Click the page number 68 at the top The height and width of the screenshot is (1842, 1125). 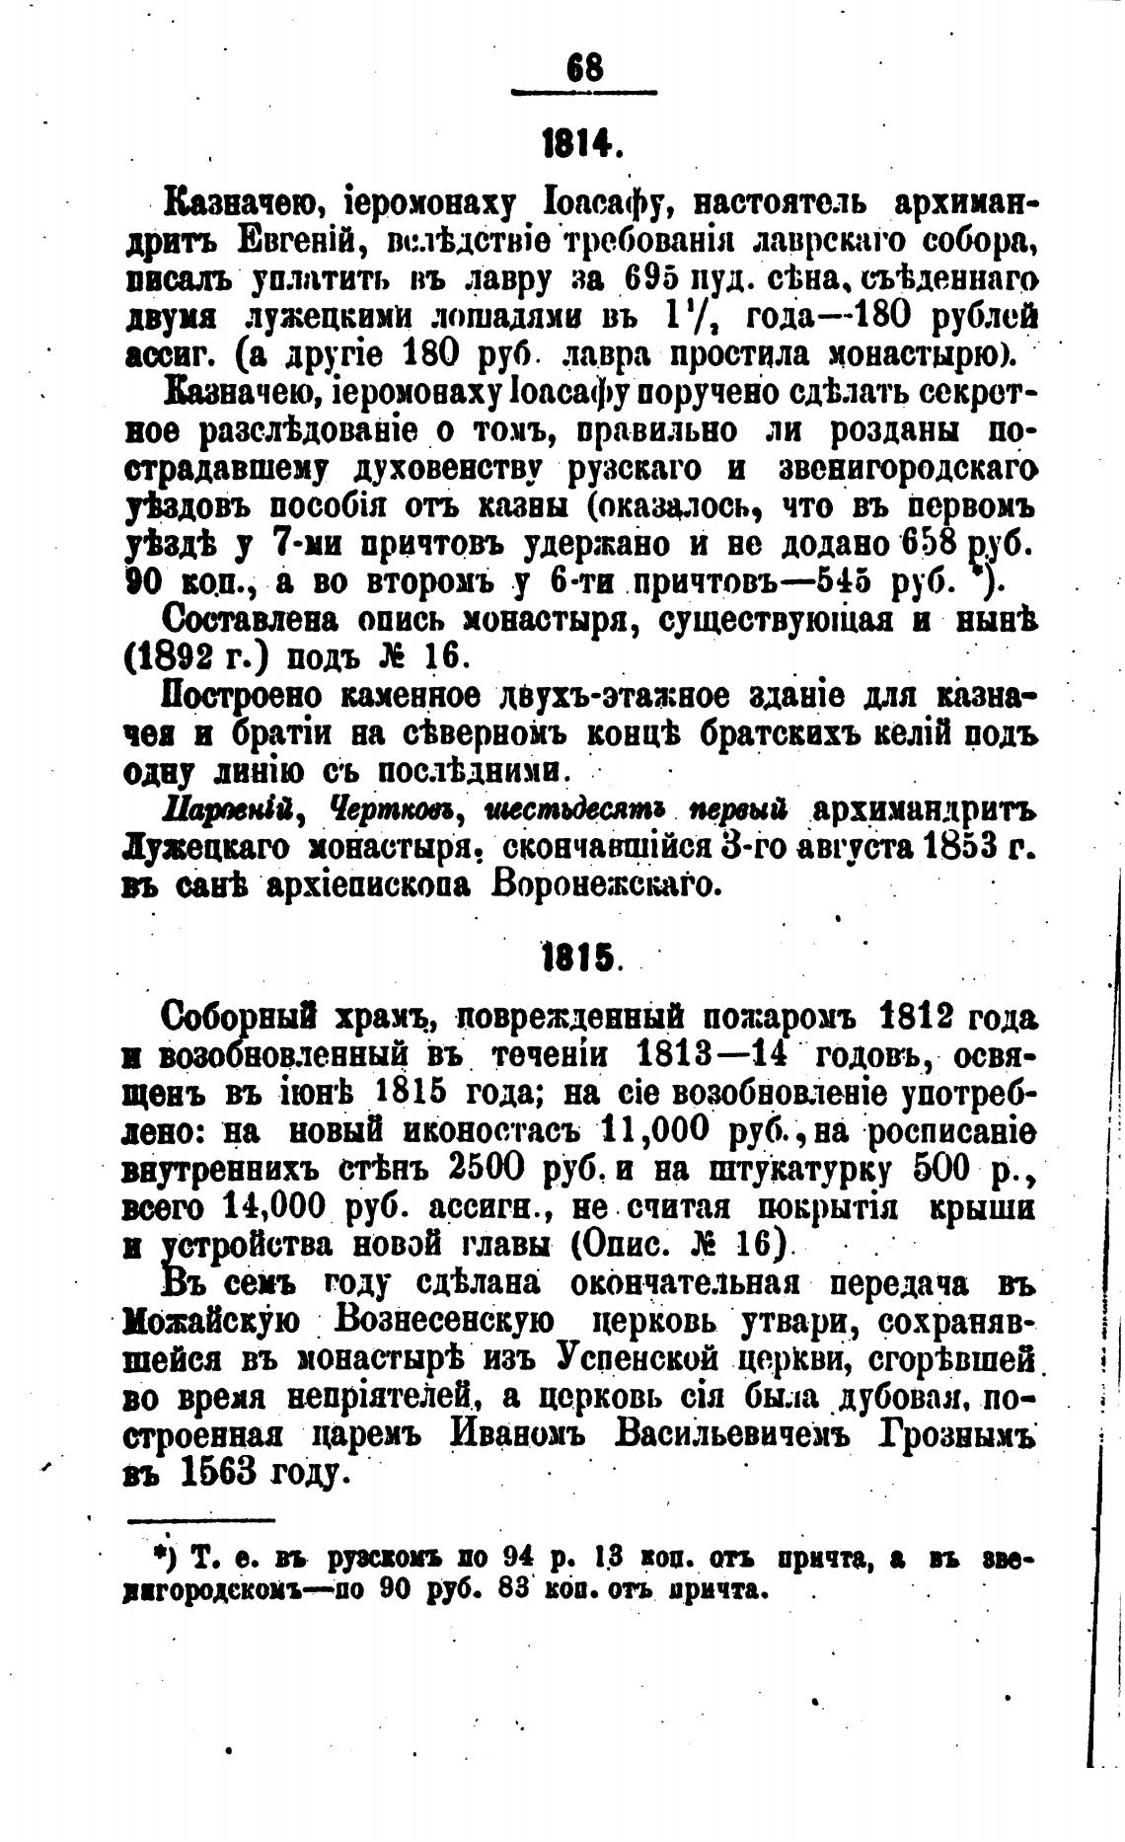584,70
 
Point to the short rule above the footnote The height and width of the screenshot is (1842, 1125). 200,1521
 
